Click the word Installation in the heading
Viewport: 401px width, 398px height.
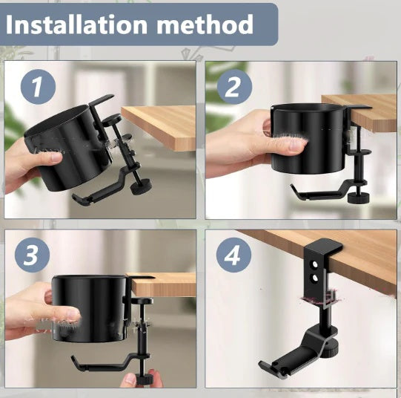[x=76, y=25]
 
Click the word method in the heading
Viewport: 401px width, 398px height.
[x=205, y=25]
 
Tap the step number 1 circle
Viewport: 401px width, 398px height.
[x=38, y=87]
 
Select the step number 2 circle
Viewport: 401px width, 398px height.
[x=234, y=87]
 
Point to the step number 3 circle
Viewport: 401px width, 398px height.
[x=32, y=255]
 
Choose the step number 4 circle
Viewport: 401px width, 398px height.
[x=233, y=255]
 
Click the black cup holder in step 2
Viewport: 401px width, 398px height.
[x=309, y=138]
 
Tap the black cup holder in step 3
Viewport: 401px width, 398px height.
[x=90, y=309]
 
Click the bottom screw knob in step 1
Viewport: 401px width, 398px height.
[x=141, y=186]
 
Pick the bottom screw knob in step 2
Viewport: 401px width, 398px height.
[x=359, y=198]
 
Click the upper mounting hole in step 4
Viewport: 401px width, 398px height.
[x=315, y=265]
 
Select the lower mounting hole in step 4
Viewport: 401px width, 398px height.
[x=314, y=278]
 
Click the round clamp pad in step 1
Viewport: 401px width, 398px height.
[x=112, y=119]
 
